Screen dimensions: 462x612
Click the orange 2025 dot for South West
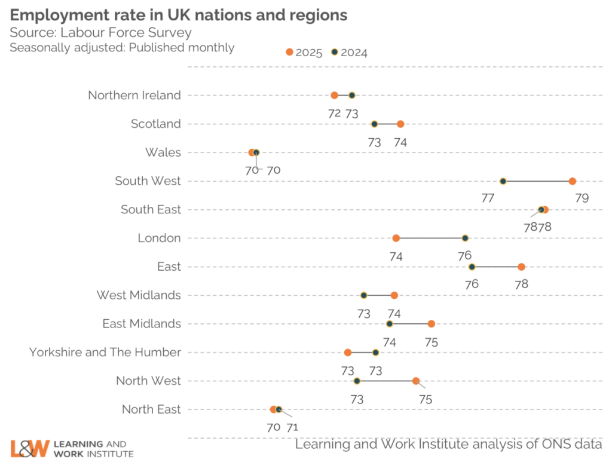(573, 181)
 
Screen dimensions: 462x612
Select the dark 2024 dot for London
(465, 238)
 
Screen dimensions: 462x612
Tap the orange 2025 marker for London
(396, 238)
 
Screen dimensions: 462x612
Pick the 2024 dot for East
(472, 267)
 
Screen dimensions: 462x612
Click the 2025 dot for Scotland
(400, 124)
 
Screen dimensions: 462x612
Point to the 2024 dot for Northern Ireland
(352, 95)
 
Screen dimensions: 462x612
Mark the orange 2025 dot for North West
(416, 381)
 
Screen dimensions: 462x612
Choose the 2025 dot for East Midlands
(431, 324)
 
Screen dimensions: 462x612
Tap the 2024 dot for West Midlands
(363, 295)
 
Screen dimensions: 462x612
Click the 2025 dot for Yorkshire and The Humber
(348, 352)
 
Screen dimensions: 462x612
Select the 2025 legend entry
(304, 53)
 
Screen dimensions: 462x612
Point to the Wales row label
(163, 152)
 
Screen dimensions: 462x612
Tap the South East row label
(151, 210)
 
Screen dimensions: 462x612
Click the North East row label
(151, 409)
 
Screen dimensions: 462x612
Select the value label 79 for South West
(582, 198)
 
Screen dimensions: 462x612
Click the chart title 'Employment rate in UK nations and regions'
(179, 14)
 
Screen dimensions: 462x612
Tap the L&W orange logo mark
(29, 448)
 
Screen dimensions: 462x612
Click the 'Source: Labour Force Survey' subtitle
(100, 33)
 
